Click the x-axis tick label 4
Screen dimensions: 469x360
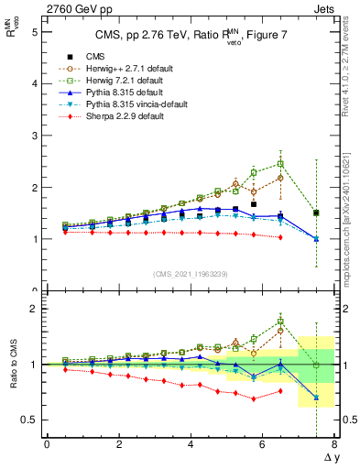click(191, 444)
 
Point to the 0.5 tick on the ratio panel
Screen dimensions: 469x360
click(28, 420)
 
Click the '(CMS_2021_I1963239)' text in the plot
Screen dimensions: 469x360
click(190, 274)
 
